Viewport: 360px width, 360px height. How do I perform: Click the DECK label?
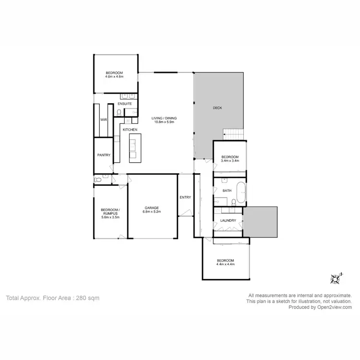coord(217,108)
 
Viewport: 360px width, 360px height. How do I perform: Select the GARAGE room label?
coord(152,208)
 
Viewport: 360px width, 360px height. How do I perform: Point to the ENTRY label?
coord(185,197)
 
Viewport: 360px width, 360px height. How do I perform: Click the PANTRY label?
coord(104,155)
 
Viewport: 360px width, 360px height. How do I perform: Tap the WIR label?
coord(103,120)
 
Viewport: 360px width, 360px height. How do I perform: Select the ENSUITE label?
coord(125,104)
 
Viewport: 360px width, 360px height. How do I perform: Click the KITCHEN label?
coord(130,130)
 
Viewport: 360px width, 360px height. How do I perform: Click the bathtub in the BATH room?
coord(240,191)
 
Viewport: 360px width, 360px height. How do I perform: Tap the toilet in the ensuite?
coord(119,113)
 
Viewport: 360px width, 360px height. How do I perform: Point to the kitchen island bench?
coord(133,147)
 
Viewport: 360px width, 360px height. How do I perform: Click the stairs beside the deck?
coord(235,134)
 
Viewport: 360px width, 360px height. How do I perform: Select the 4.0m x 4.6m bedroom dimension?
coord(114,76)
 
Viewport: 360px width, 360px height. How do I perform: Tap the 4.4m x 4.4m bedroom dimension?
coord(225,264)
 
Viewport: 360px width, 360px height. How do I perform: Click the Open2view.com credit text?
coord(320,307)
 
